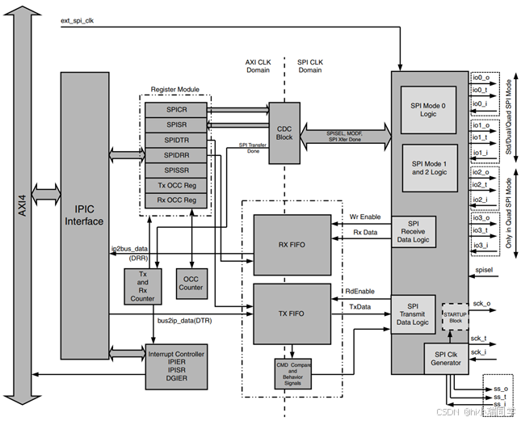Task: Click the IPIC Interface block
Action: click(84, 215)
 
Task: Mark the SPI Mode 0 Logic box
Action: click(428, 108)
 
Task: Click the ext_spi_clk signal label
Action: click(81, 19)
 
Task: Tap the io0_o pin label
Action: click(482, 78)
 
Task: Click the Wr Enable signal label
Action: click(364, 217)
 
